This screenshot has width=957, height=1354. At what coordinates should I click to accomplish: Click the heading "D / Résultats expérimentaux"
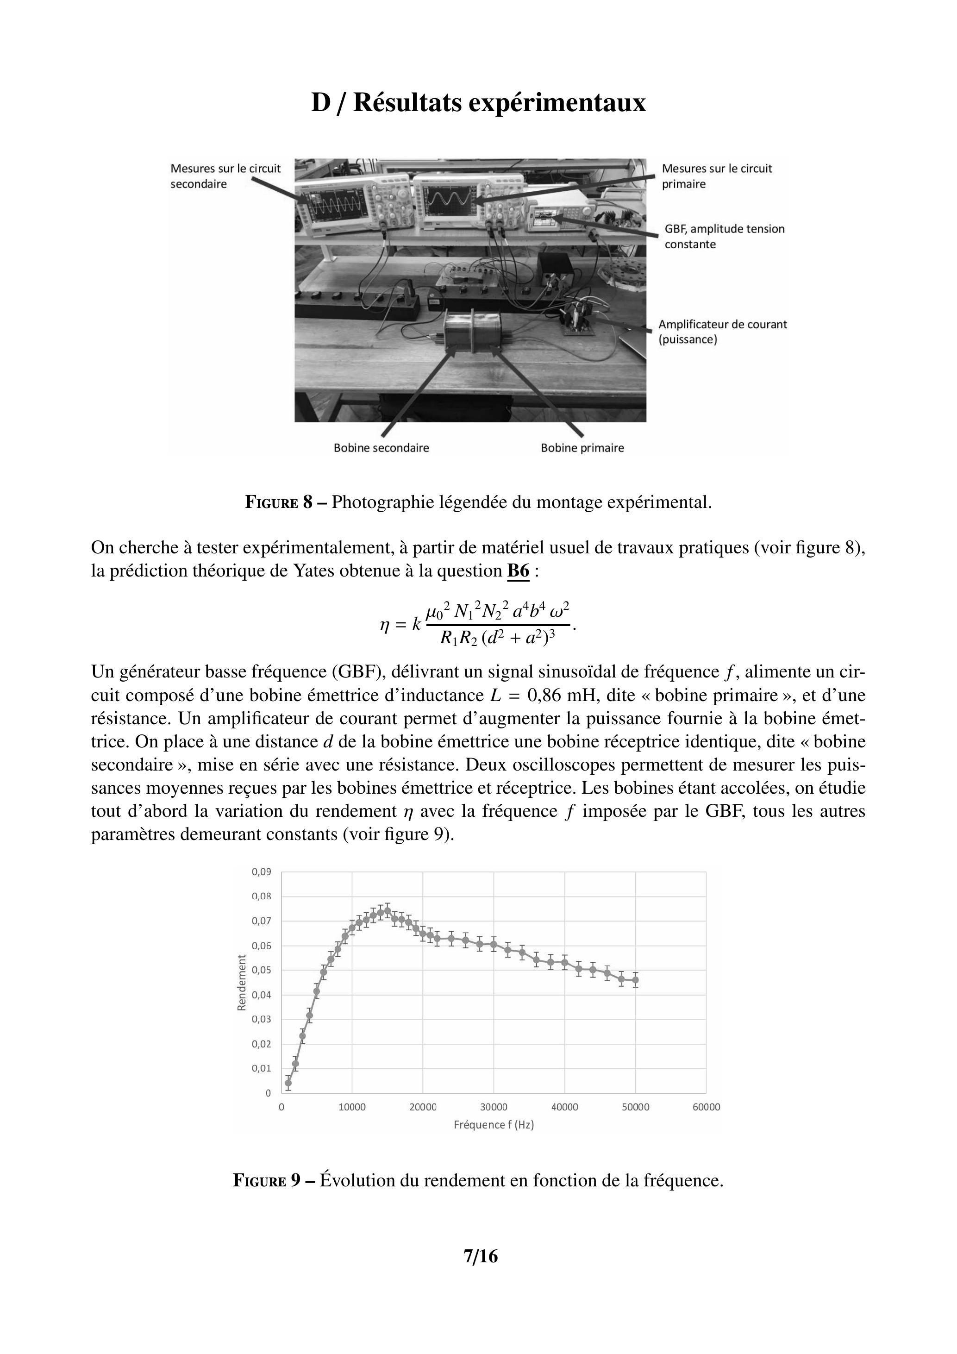(x=478, y=103)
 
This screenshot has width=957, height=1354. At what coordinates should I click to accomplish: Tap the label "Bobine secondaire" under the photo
(x=381, y=448)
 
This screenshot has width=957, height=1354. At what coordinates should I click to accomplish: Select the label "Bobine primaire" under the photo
(x=582, y=448)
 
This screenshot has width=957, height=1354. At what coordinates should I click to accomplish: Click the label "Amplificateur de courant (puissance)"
(x=722, y=332)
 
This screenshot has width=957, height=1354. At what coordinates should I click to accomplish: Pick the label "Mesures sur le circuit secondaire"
(x=225, y=176)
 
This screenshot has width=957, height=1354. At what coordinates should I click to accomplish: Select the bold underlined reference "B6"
(x=518, y=571)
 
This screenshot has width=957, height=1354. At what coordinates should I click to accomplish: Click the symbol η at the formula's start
(x=386, y=624)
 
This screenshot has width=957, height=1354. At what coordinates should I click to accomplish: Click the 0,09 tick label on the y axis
(x=261, y=871)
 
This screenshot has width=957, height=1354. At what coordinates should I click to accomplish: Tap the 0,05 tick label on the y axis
(x=261, y=970)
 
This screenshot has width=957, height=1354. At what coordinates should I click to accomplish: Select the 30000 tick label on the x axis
(x=494, y=1107)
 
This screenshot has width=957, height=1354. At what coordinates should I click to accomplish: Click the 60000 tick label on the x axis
(x=706, y=1107)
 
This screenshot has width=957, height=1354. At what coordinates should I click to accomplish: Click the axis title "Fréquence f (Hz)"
(x=494, y=1125)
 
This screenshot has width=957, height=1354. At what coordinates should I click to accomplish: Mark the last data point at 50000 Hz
(x=635, y=980)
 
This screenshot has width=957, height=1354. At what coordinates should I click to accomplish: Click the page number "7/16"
(x=481, y=1257)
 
